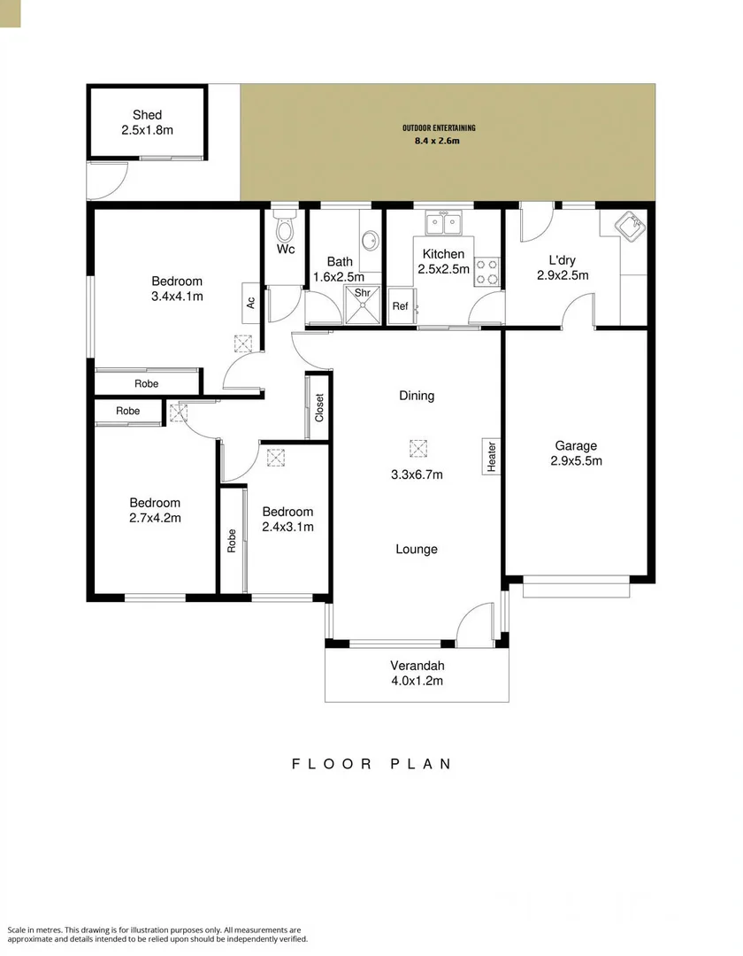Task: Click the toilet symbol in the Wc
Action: click(x=285, y=229)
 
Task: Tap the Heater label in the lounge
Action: click(x=491, y=455)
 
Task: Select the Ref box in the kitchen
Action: click(x=400, y=306)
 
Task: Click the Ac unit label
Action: click(x=250, y=301)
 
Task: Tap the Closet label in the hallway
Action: click(x=319, y=407)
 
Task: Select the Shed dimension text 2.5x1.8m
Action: click(x=147, y=130)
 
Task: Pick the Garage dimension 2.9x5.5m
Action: click(x=576, y=461)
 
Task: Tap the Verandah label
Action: click(x=417, y=666)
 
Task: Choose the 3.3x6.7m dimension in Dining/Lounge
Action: click(x=417, y=474)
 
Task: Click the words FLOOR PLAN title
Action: click(x=371, y=764)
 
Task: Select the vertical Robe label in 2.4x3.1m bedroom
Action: click(x=232, y=540)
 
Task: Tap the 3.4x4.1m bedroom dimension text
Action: click(x=177, y=297)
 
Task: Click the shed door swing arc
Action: click(x=111, y=182)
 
